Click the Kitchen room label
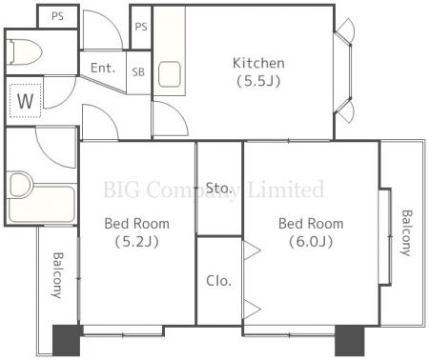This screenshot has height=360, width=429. coord(258,63)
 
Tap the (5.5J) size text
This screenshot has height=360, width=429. coord(258,81)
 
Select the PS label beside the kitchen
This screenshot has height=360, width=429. coord(141,27)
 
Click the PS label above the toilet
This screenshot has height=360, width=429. coord(57,16)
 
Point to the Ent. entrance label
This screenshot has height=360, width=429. coord(103,68)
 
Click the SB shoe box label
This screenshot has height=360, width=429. coord(138,72)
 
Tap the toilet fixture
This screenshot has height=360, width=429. coord(24,51)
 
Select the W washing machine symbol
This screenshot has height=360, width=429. coord(25,101)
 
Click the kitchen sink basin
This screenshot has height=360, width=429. coord(170,74)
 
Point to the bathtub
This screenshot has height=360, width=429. coord(42,204)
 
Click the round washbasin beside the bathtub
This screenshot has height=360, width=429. coord(20,185)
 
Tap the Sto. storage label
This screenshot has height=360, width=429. coord(218,188)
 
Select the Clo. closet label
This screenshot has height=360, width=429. coord(218,281)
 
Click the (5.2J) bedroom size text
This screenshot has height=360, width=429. coord(136,242)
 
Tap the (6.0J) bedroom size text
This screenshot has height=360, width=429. coord(311,242)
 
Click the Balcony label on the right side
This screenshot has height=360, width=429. coord(406,232)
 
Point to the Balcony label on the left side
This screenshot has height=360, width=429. coord(57,275)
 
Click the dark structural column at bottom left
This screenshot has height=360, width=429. coord(66,340)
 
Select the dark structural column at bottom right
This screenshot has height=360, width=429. coord(350,340)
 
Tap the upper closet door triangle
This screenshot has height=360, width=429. coord(251,250)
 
